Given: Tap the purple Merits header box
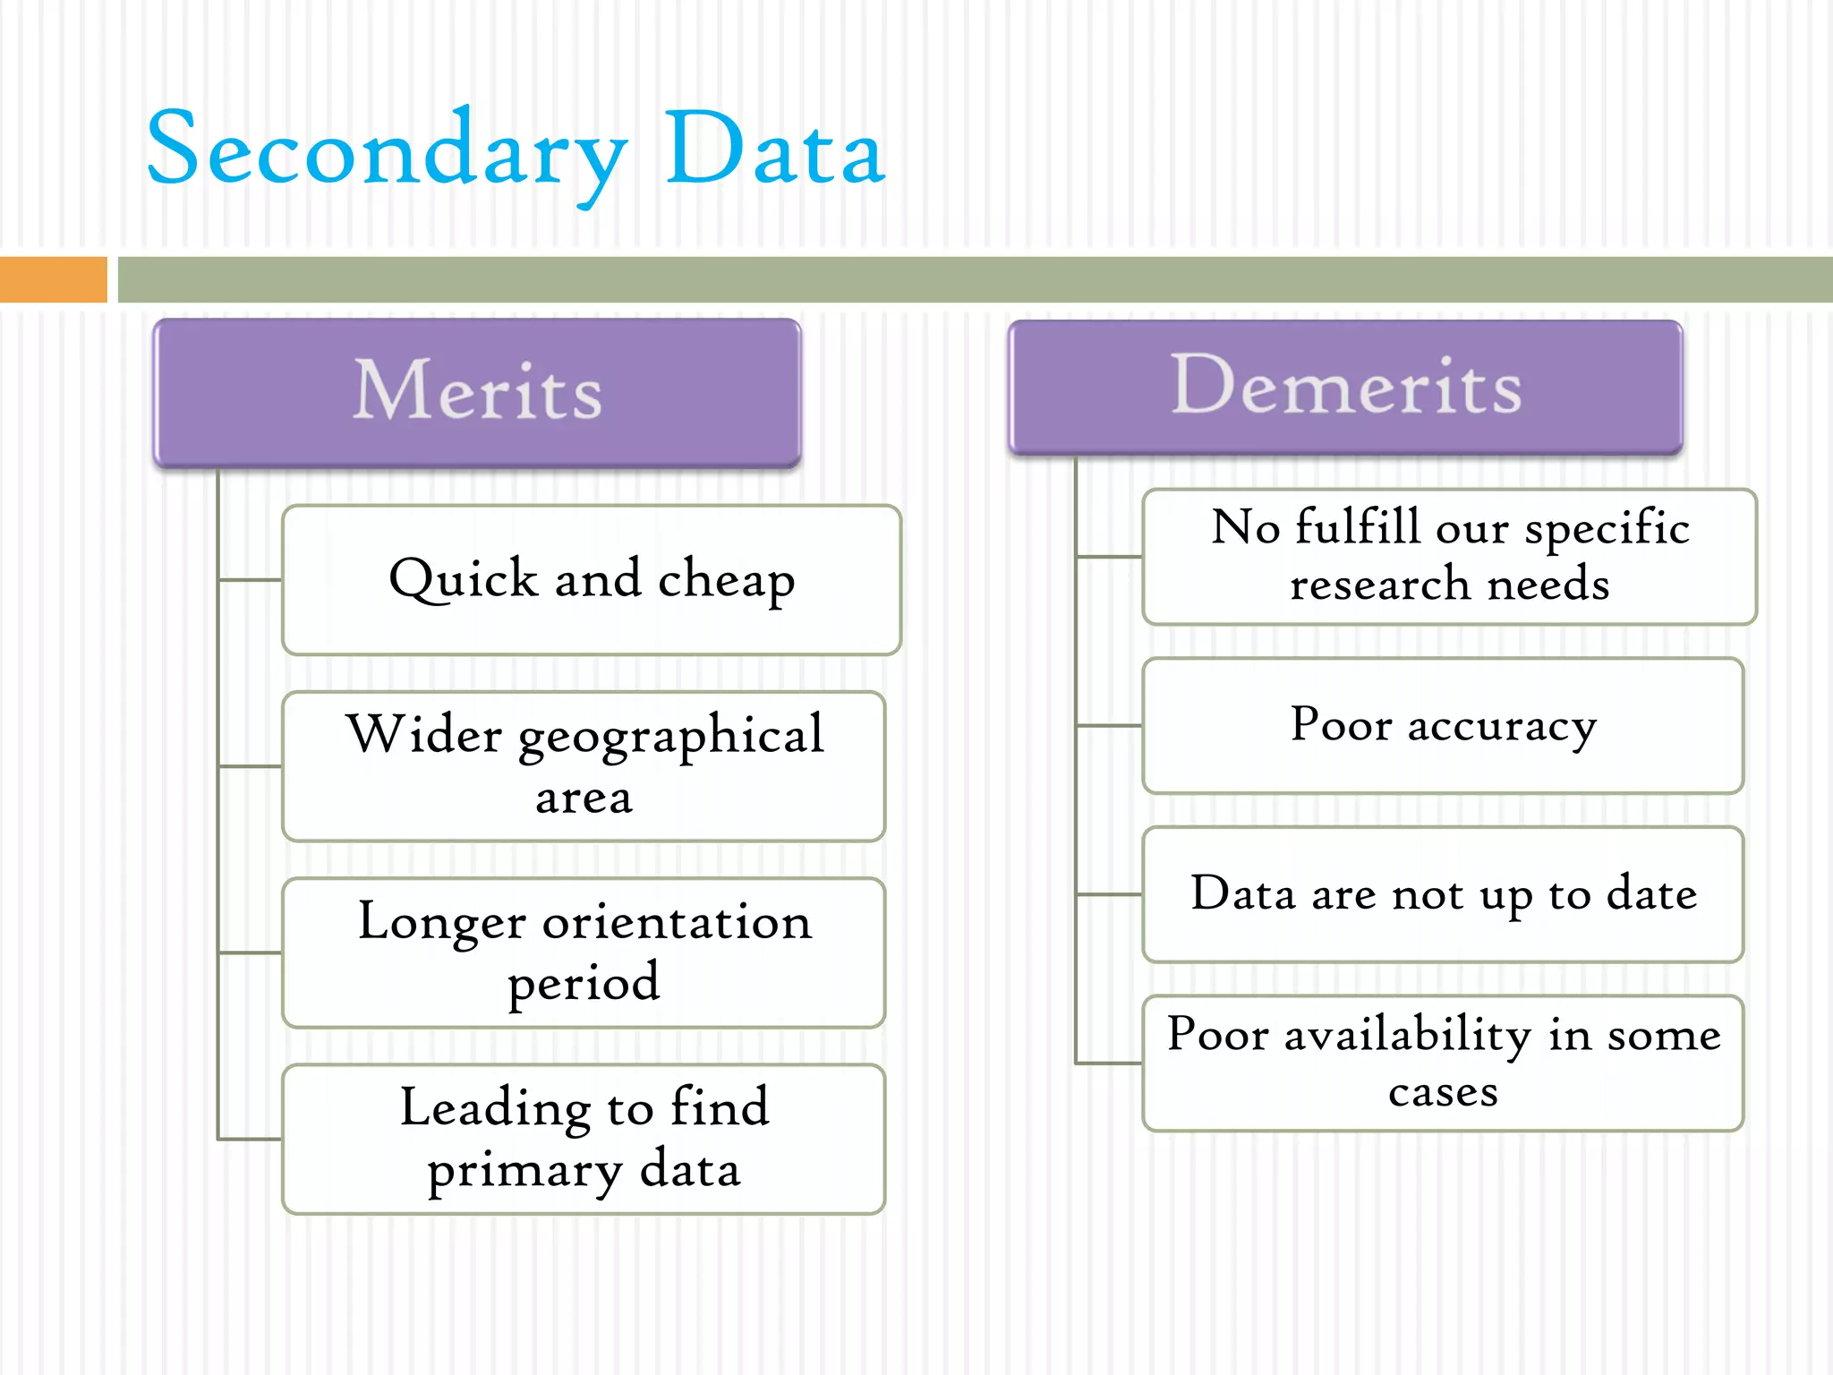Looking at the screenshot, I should point(477,392).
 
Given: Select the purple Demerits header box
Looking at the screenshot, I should point(1345,387).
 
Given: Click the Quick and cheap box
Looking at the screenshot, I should point(592,579).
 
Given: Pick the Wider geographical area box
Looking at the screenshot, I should point(584,765).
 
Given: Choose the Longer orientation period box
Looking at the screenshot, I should point(584,952).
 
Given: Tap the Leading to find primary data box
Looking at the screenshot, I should point(584,1139).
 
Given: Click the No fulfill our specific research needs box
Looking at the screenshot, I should point(1450,556).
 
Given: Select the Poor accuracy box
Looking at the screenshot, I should point(1443,725).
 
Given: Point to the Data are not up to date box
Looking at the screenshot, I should point(1443,893).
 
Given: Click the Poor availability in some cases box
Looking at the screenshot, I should point(1443,1063).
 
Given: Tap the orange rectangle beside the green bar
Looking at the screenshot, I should point(53,279).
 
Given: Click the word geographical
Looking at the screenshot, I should point(670,737).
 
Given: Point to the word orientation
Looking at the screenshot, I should point(677,922).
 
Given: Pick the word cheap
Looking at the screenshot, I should point(726,580).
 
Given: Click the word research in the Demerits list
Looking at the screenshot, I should point(1380,585).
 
